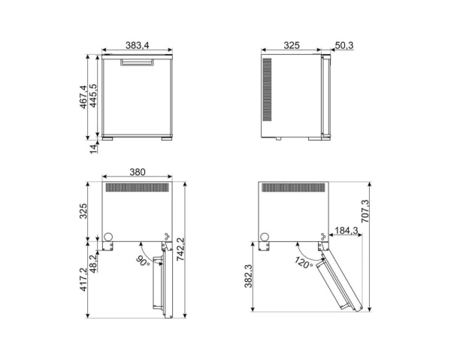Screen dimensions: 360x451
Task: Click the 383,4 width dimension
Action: [137, 47]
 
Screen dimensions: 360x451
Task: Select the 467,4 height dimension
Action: [83, 95]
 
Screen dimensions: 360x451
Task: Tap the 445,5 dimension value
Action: [94, 95]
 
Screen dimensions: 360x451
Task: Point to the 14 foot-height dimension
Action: [94, 149]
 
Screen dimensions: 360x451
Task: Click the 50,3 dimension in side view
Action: [344, 47]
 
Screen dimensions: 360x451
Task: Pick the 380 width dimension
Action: [137, 172]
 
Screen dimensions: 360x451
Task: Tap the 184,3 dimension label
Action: [347, 231]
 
